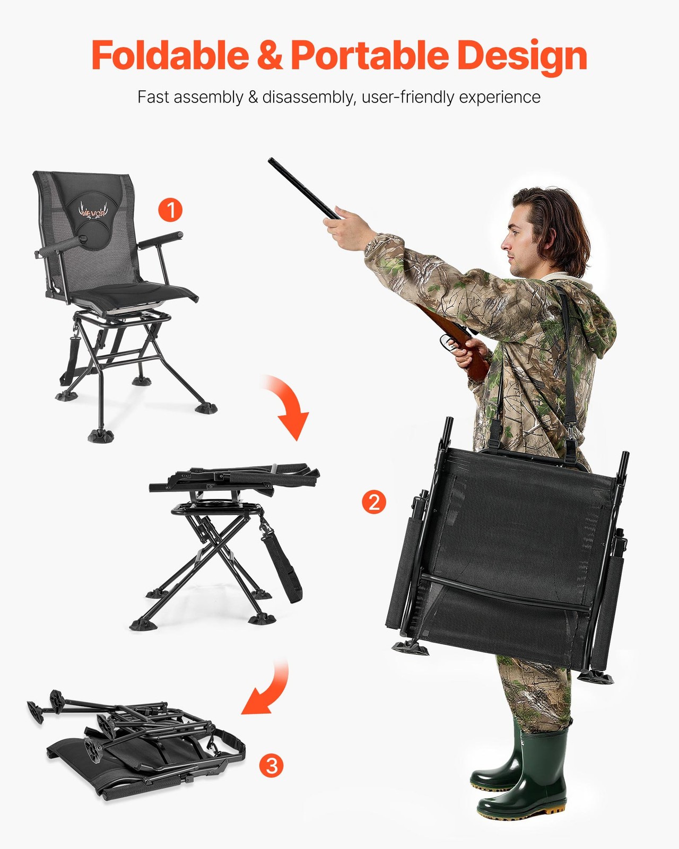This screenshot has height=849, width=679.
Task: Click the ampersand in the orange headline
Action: coord(270,56)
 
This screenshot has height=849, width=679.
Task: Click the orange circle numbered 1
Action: coord(170,210)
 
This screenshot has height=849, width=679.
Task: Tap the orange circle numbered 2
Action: coord(374,501)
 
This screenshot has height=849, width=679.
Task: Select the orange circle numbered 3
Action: coord(271,766)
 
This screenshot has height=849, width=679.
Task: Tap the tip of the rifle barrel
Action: coord(271,160)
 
